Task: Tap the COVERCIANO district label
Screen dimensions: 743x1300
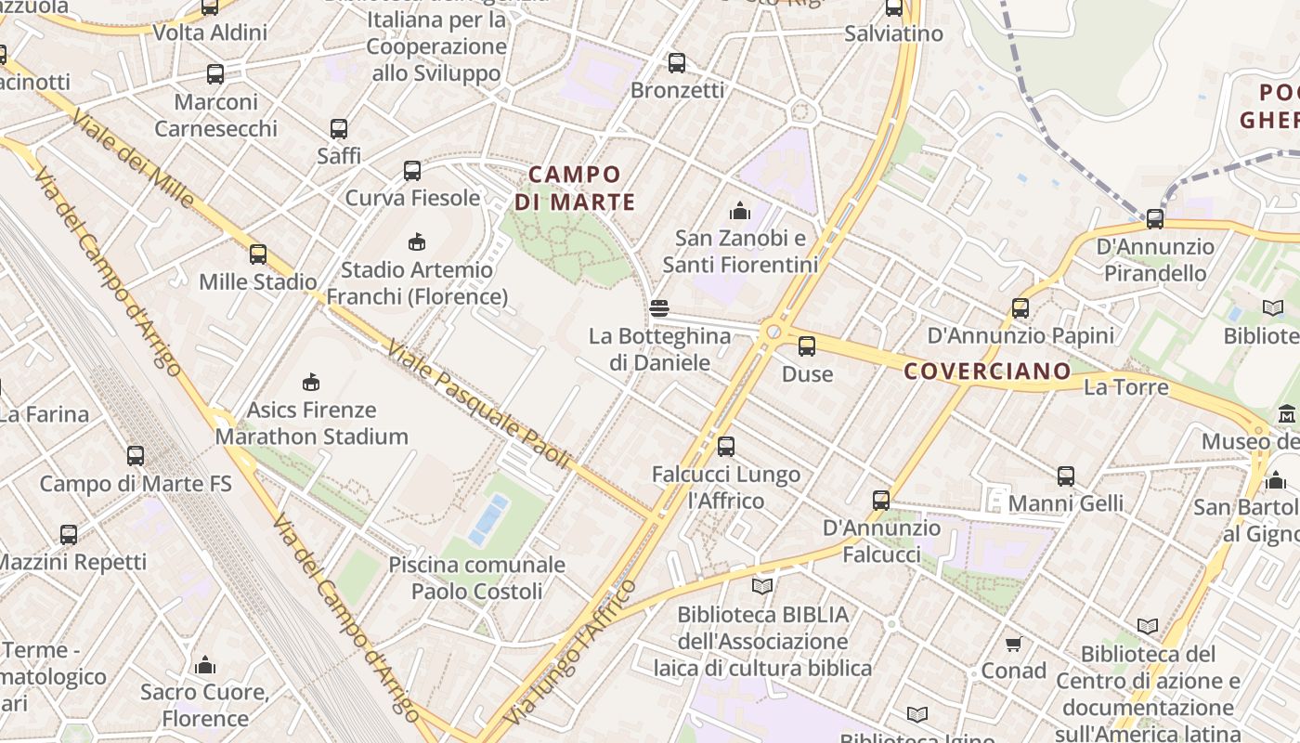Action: click(987, 371)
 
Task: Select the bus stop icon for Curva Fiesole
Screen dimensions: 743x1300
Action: click(412, 171)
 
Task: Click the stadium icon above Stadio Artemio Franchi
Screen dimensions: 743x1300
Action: click(416, 242)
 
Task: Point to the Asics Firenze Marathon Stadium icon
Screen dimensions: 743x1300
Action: click(311, 382)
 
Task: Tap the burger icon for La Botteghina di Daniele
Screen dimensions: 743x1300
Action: click(659, 308)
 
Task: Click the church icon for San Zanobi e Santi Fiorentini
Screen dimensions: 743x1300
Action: click(740, 211)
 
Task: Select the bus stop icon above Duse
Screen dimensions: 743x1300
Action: click(807, 346)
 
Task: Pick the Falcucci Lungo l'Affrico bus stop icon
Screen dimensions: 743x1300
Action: click(726, 447)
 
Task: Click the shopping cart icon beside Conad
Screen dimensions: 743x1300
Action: click(1014, 644)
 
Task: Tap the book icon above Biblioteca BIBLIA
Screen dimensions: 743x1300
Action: click(762, 586)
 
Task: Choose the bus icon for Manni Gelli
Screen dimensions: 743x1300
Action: click(1065, 476)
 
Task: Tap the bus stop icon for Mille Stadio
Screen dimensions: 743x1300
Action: click(258, 254)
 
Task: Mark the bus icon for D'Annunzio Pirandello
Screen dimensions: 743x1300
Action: click(1155, 219)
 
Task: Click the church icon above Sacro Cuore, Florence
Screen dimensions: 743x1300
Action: click(205, 665)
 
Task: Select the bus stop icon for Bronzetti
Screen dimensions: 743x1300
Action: click(677, 63)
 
